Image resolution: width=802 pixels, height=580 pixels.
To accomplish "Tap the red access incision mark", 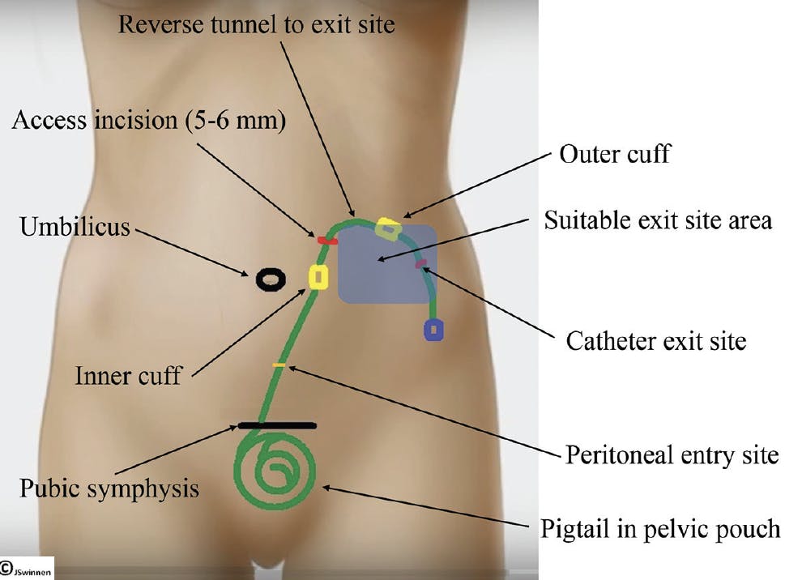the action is point(327,241).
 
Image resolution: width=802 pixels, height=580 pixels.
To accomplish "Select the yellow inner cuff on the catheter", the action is point(318,277).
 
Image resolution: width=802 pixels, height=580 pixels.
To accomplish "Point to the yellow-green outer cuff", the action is point(388,228).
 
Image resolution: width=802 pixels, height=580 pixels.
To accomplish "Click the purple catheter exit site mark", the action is point(421,264).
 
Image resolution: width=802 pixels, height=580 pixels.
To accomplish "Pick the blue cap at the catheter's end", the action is point(433,330).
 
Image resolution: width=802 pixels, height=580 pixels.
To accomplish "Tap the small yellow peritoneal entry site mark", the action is point(279,365).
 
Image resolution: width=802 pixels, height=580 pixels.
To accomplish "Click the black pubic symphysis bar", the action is point(277,425).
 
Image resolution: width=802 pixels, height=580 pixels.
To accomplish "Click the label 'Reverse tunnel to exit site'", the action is point(256,24).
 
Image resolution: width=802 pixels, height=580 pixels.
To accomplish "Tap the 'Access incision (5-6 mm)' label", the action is point(149,121).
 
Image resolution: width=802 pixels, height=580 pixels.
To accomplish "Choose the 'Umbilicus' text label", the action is point(75,227).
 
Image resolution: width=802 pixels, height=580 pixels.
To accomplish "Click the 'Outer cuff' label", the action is point(614,153).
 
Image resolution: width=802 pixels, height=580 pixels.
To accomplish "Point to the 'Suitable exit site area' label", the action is point(658,220).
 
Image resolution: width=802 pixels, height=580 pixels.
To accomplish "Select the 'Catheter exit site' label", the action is point(655,341).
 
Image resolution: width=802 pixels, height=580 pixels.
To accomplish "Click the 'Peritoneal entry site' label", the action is point(672,454).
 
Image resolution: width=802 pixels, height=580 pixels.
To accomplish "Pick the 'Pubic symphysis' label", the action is point(109,488).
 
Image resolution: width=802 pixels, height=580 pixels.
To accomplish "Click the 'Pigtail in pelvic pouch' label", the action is point(660,529).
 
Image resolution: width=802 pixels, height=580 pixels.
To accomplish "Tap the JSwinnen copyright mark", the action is point(26,569).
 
